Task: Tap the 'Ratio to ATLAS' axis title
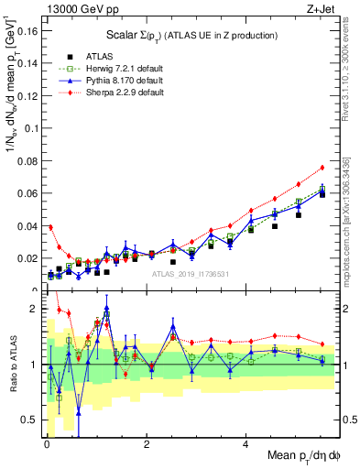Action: click(x=10, y=364)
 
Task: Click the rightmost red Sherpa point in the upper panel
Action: click(x=322, y=168)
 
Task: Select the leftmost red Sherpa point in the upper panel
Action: click(x=50, y=227)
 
